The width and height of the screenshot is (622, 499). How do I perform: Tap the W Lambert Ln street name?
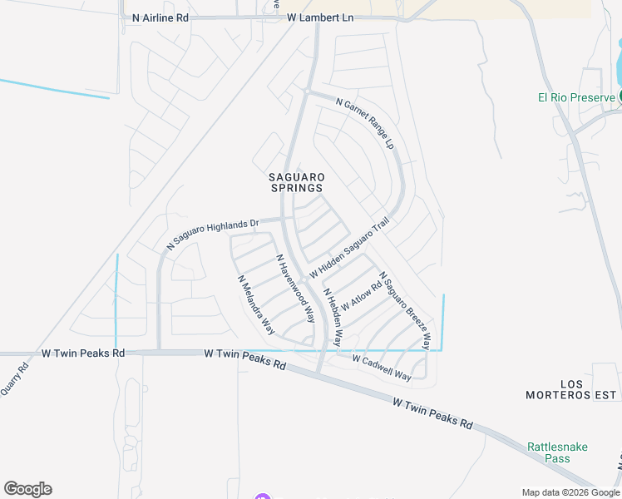(x=320, y=17)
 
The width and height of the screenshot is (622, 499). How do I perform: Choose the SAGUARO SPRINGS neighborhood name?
(x=295, y=182)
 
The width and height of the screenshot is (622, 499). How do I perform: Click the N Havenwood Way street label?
(x=295, y=288)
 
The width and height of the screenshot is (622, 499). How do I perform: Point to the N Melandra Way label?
(x=256, y=305)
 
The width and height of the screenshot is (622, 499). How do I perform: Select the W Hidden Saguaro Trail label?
(x=349, y=248)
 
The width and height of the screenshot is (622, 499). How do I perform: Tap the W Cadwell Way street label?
(x=382, y=368)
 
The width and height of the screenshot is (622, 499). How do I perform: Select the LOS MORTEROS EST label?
(x=573, y=388)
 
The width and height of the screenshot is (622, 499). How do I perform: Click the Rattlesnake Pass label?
(x=557, y=452)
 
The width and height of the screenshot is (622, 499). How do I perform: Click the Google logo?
(x=27, y=489)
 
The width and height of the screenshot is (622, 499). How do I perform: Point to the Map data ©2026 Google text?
(x=570, y=492)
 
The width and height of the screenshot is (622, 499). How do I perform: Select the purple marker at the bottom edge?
(x=264, y=497)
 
